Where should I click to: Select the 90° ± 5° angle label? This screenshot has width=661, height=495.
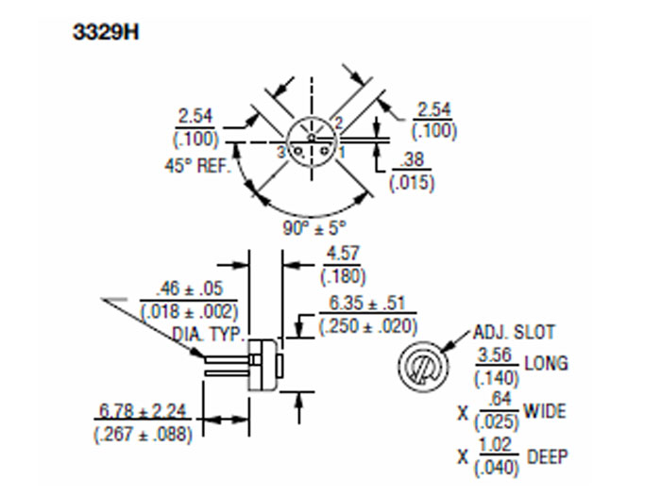point(314,226)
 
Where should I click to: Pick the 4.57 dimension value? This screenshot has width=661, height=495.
point(343,255)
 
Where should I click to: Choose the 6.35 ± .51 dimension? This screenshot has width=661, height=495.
point(367,305)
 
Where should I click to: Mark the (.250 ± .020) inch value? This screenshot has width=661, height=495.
point(367,326)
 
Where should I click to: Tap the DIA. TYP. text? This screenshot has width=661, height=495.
point(208,334)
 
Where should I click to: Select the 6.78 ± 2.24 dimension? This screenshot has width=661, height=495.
point(144,413)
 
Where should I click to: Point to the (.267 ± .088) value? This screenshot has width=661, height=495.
point(144,435)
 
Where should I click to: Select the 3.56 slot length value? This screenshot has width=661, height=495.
point(497,355)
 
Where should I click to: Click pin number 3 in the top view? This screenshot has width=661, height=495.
point(280,151)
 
